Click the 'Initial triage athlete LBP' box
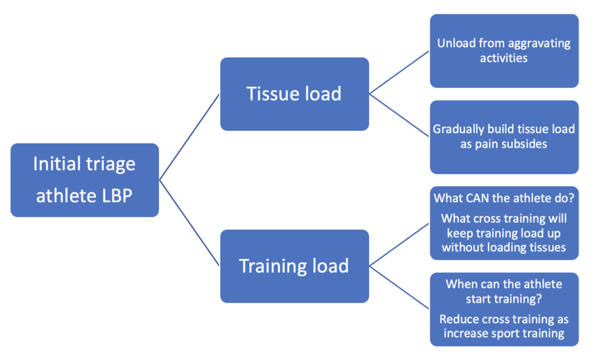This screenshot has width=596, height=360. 85,180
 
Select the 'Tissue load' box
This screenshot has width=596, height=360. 295,94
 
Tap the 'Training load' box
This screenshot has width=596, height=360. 295,266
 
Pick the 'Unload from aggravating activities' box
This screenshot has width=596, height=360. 505,51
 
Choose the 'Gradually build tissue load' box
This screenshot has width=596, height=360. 505,137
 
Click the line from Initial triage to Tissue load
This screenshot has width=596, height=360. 190,137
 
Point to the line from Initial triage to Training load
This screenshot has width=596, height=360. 190,223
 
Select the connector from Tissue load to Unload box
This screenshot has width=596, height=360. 399,73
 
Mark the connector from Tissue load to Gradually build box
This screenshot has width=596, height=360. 399,115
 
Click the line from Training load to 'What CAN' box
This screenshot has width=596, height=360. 399,245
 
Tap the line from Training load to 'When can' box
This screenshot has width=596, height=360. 399,287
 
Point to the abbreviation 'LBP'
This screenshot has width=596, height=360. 117,196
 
